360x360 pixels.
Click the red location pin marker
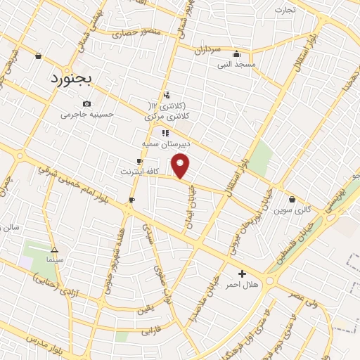[181, 167]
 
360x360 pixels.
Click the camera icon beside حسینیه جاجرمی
[86, 103]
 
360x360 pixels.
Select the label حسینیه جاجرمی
[86, 114]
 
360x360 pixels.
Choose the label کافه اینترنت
[139, 171]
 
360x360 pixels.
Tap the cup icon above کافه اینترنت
[139, 161]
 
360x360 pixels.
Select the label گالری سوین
[292, 210]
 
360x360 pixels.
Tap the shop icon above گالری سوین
[292, 199]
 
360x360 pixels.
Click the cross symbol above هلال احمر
[242, 274]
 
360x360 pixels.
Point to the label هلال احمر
[242, 285]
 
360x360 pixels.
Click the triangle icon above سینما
[54, 250]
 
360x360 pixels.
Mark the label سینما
[54, 260]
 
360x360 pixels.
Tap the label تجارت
[284, 10]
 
